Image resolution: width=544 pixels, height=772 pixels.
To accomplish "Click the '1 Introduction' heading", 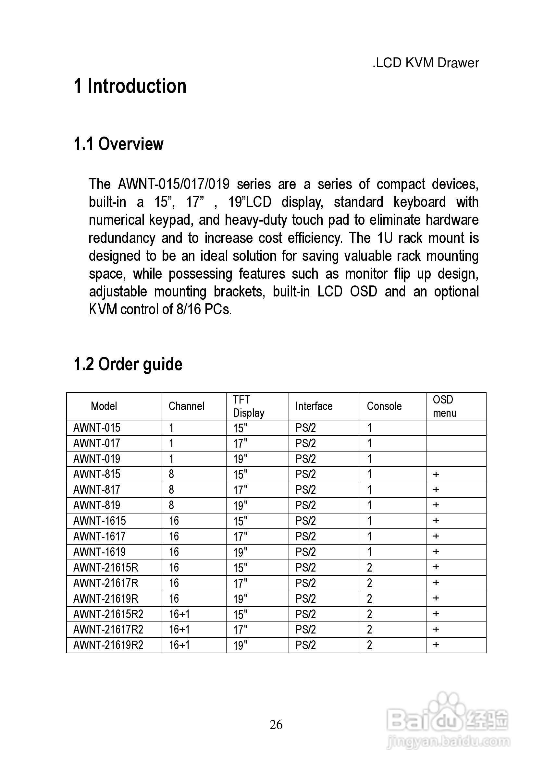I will click(130, 86).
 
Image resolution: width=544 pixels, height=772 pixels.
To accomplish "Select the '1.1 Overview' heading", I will click(118, 144).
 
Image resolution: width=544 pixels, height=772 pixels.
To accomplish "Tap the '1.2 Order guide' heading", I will click(128, 364).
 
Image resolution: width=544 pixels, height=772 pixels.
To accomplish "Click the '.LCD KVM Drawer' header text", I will click(425, 63).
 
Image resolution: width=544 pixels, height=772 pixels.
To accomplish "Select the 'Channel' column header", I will click(186, 406).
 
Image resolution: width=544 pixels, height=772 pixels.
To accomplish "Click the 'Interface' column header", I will click(314, 406).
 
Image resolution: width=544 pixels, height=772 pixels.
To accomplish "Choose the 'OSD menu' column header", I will click(444, 406).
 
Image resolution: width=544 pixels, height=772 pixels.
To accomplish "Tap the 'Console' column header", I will click(384, 406).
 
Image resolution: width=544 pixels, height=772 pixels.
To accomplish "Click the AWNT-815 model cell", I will click(97, 474).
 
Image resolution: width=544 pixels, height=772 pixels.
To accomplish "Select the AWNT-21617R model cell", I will click(105, 583).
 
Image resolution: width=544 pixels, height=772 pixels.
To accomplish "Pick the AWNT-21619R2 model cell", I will click(108, 645).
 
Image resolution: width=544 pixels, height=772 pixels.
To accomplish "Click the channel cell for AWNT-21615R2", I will click(179, 614).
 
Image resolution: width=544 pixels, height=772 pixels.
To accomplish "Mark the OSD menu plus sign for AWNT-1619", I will click(436, 551).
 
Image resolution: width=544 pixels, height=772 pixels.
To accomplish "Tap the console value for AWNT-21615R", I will click(369, 568).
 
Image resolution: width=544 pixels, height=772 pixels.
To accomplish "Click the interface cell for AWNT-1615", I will click(305, 521).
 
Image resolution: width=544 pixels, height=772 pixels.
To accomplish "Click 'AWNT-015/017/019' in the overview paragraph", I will click(174, 184).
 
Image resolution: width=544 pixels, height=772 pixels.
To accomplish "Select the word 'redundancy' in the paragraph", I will click(122, 238).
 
